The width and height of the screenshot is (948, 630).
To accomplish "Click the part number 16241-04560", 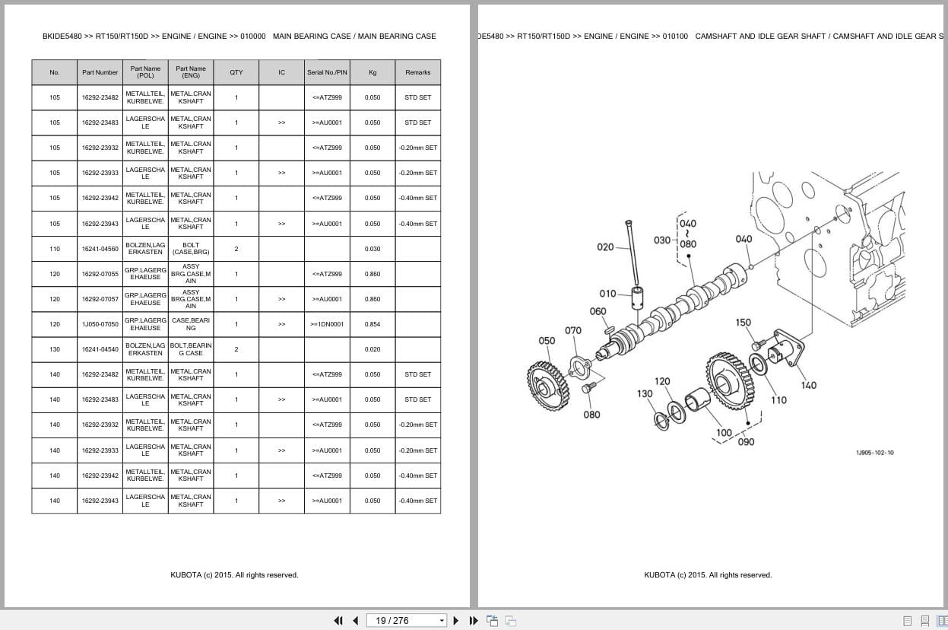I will click(x=100, y=249).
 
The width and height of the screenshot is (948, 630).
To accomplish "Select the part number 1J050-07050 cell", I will click(x=100, y=324).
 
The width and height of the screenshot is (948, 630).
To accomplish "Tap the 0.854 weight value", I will click(x=373, y=324).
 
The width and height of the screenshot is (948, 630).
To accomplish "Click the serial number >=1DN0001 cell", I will click(x=327, y=324).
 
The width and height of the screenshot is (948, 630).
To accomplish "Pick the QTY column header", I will click(x=236, y=72).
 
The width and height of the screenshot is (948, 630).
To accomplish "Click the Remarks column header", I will click(x=417, y=72).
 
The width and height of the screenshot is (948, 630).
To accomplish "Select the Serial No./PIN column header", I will click(x=327, y=72).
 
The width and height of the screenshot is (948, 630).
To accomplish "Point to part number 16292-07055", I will click(x=100, y=274).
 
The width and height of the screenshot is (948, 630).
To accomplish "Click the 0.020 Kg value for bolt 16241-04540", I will click(x=373, y=349).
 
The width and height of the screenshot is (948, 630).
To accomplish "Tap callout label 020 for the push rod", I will click(x=605, y=247).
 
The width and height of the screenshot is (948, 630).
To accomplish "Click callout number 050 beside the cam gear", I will click(x=547, y=341).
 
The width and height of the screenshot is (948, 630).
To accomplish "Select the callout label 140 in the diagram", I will click(x=809, y=385).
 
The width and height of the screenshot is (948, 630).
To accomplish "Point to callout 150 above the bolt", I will click(x=743, y=323).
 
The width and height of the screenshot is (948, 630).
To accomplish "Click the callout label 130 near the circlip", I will click(x=645, y=393).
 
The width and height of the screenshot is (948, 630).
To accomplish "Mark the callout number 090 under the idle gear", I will click(x=746, y=442).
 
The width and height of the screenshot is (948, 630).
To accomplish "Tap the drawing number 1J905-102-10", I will click(x=874, y=453).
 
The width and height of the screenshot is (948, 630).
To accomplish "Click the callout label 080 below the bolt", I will click(x=591, y=415).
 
